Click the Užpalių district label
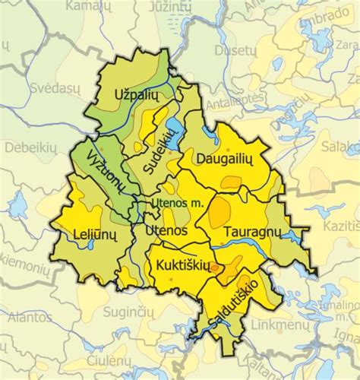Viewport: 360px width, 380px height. click(x=134, y=95)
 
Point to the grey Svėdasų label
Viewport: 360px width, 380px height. click(x=35, y=90)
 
